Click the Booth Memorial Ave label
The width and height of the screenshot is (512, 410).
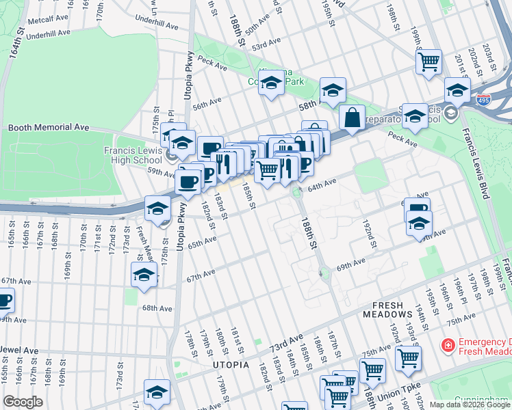point(49,127)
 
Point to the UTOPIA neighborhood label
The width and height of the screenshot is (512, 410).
point(231,364)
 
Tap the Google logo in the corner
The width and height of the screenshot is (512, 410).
point(23,402)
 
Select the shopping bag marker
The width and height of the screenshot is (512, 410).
point(352,117)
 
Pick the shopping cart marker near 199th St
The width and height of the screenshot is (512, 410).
point(428,62)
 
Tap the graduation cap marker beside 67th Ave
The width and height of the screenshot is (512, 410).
point(144,275)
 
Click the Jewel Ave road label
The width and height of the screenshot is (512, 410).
point(19,351)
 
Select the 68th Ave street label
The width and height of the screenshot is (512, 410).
point(157,307)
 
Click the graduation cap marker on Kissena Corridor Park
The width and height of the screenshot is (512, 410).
point(272,84)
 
